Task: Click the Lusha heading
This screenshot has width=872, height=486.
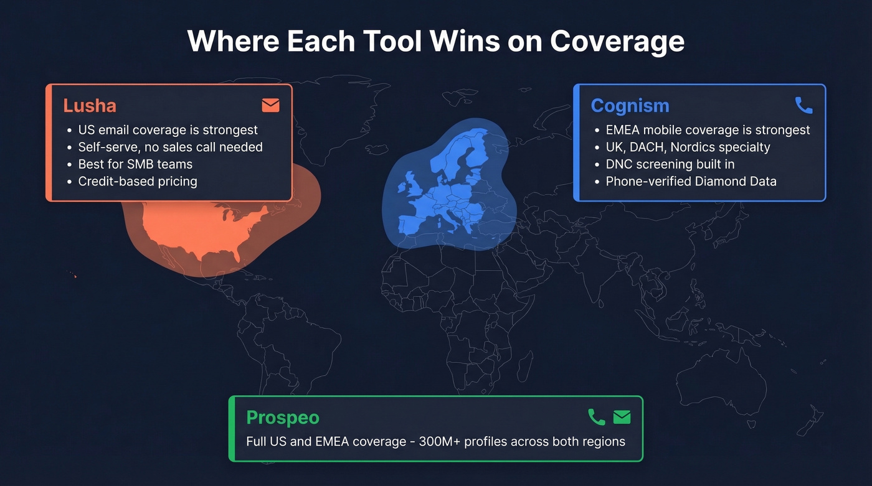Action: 90,105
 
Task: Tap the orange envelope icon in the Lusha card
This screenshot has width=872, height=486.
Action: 270,105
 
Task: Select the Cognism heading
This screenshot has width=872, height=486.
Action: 630,105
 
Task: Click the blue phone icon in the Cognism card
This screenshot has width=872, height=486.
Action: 803,105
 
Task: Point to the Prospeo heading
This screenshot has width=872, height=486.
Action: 283,417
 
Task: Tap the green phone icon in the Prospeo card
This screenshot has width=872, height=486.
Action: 596,417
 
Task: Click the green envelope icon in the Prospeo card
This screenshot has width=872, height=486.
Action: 622,417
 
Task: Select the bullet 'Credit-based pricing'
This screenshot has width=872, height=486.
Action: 137,182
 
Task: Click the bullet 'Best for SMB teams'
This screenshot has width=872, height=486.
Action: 135,164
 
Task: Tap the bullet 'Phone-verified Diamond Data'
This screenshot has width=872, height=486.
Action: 691,182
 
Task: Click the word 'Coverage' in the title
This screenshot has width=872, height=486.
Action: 617,41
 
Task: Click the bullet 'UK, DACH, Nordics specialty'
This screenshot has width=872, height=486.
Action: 688,147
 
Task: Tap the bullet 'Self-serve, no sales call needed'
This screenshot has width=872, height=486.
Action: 170,147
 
